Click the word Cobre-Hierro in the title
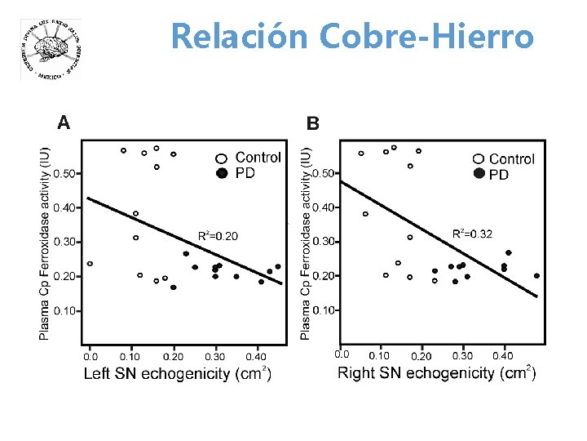pos(427,37)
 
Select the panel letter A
pos(64,122)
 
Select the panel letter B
pos(312,124)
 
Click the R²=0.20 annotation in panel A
pos(218,236)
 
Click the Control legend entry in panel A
pos(258,157)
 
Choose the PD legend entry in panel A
pos(245,173)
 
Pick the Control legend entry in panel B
pos(511,159)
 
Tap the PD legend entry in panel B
pos(498,175)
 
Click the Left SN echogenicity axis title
pos(178,374)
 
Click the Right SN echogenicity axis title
pos(437,374)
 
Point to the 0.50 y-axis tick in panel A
pos(68,173)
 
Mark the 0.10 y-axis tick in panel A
pos(68,311)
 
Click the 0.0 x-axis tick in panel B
pos(342,354)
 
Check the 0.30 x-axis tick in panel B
pos(462,356)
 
